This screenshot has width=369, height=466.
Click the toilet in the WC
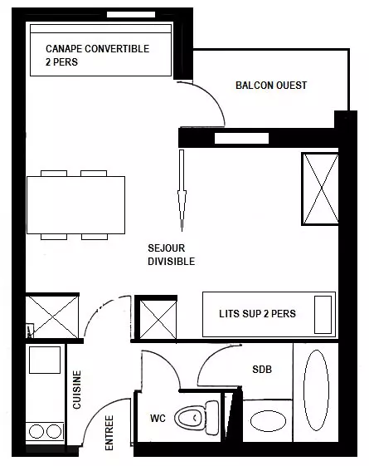pos(197,418)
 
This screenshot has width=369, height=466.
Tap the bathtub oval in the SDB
pos(316,390)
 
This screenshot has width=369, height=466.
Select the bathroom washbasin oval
pos(268,421)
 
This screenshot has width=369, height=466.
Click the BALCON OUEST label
pos(271,86)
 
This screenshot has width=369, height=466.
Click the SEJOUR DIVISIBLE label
pos(172,255)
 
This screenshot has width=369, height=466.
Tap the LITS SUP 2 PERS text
pos(257,314)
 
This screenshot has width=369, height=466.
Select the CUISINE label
pos(77,390)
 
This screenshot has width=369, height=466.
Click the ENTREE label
pos(109,433)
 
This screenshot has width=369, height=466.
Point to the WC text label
pos(158,419)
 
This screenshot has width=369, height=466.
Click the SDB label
pos(262,370)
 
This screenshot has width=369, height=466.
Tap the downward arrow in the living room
pos(182,190)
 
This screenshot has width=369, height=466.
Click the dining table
pos(76,205)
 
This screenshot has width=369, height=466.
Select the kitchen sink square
pos(45,360)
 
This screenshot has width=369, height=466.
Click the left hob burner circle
pos(36,431)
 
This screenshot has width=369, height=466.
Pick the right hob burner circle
pos(54,431)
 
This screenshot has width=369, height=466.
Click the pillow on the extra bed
pos(323,315)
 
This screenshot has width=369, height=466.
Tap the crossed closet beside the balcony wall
pos(321,189)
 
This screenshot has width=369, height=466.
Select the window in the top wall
pos(131,15)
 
